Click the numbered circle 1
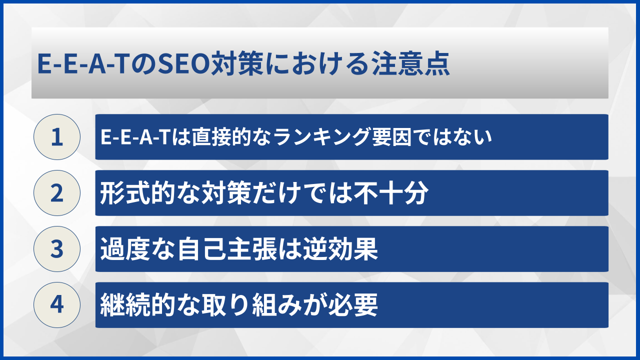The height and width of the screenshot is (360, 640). click(57, 137)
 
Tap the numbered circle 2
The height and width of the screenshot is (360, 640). click(57, 193)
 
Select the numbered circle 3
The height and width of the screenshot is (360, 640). click(57, 249)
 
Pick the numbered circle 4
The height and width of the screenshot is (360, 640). click(57, 305)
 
